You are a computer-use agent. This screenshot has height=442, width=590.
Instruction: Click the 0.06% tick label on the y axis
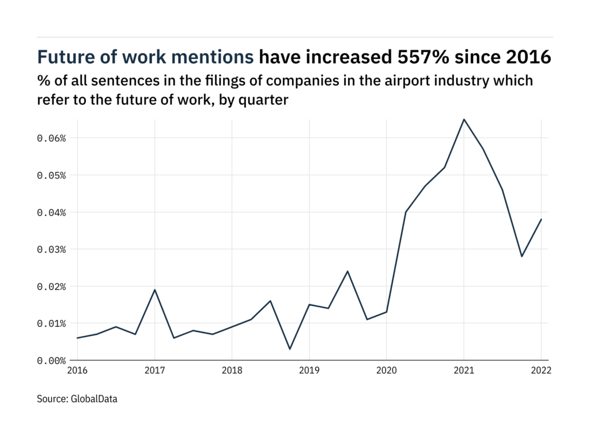[x=52, y=138]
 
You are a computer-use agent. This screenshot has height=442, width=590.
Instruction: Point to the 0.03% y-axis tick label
[x=52, y=249]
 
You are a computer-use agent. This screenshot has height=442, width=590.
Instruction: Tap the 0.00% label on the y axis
[x=52, y=360]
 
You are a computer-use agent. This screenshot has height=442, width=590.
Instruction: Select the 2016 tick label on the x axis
[x=77, y=371]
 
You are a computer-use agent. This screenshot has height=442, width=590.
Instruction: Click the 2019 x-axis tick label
[x=309, y=371]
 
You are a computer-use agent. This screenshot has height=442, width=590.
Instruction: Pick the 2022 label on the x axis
[x=540, y=371]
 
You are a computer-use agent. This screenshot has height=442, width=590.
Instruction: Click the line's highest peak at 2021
[x=464, y=119]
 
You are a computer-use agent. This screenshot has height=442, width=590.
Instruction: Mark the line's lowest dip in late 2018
[x=290, y=349]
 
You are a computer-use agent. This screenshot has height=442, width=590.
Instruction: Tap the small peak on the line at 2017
[x=154, y=289]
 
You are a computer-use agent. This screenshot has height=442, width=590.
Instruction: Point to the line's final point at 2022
[x=541, y=219]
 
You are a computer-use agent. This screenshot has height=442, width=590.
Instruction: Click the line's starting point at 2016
[x=77, y=338]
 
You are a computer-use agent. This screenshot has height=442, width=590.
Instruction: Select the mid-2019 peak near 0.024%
[x=347, y=271]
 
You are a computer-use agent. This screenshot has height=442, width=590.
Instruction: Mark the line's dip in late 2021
[x=522, y=256]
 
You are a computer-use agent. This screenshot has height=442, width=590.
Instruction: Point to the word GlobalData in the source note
[x=94, y=398]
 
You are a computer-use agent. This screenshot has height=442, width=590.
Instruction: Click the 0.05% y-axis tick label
[x=52, y=175]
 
